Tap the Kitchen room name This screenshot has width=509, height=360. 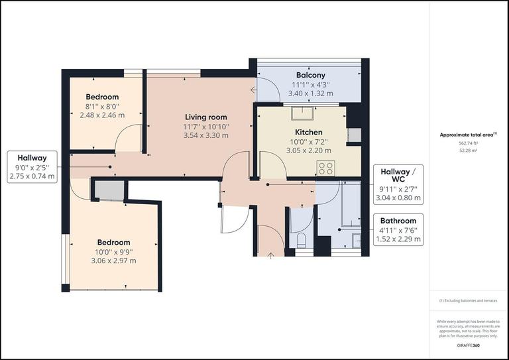(x=308, y=132)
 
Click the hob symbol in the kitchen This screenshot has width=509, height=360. (x=325, y=168)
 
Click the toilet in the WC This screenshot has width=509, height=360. (x=301, y=239)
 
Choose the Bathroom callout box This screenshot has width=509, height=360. (x=398, y=230)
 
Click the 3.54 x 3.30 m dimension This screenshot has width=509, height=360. (x=206, y=135)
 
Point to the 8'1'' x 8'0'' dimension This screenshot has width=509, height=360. (x=94, y=106)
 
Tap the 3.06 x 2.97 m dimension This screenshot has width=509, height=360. (x=113, y=261)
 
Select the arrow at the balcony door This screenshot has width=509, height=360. (x=253, y=90)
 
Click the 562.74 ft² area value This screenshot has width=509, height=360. (x=468, y=143)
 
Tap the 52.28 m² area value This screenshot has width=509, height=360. (x=468, y=150)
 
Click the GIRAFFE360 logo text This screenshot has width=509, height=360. (x=468, y=345)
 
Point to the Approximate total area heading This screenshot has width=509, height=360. (x=468, y=135)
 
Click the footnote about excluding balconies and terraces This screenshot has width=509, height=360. (x=468, y=300)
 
